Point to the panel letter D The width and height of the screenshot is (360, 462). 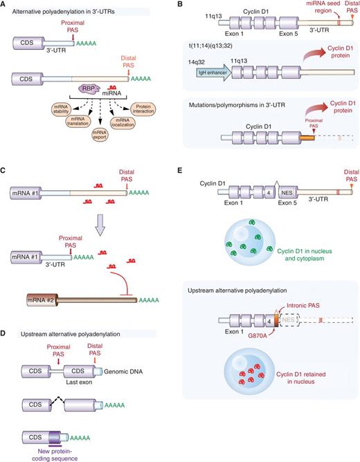(x=5, y=331)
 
